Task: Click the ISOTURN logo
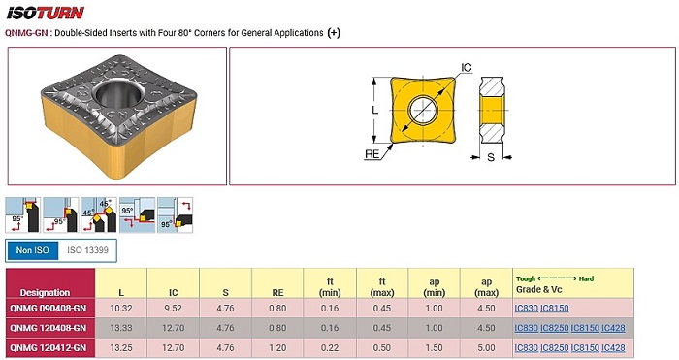click(x=45, y=13)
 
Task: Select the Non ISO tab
click(x=32, y=250)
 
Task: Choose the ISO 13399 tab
click(x=87, y=250)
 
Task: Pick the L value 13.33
click(x=121, y=328)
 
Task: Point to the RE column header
click(x=277, y=293)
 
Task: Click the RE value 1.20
click(x=277, y=347)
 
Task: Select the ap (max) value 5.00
click(x=486, y=347)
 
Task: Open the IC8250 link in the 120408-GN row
click(x=554, y=328)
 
